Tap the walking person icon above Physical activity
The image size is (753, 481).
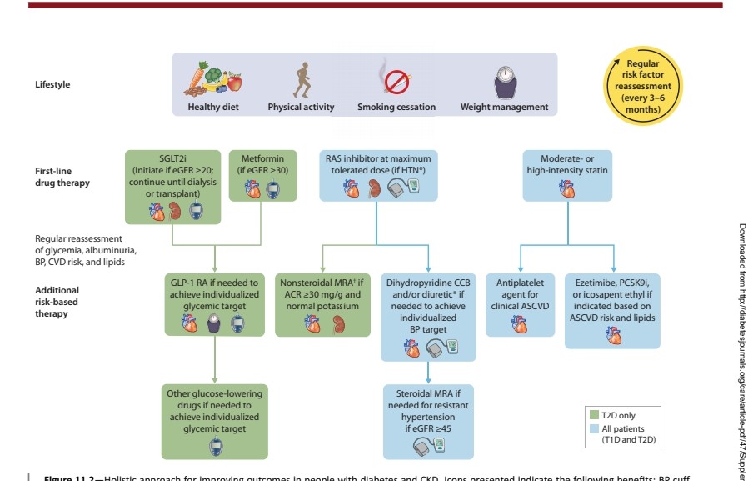[300, 79]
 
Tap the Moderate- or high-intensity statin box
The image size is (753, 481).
[567, 176]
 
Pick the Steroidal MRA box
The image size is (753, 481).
[428, 421]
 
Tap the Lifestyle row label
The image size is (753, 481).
[52, 84]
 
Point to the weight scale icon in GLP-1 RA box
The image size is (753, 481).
[215, 322]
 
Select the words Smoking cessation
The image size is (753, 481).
[396, 107]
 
